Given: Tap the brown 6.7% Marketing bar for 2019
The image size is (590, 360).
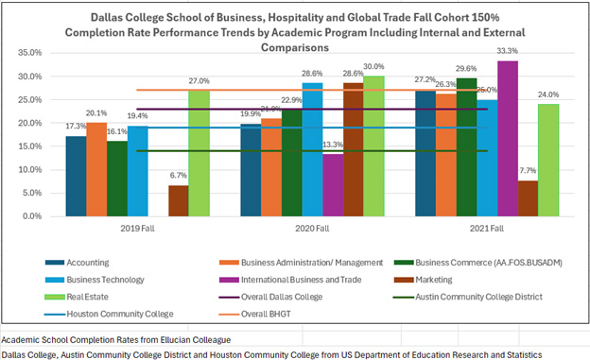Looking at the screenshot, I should pos(178,200).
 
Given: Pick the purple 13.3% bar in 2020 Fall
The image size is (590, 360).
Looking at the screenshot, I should pos(333,184).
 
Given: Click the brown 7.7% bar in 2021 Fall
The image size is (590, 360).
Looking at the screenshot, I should pos(529,197).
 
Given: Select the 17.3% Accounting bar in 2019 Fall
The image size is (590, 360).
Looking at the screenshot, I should pos(76,176).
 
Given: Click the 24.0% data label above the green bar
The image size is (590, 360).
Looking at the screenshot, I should pos(549,94).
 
